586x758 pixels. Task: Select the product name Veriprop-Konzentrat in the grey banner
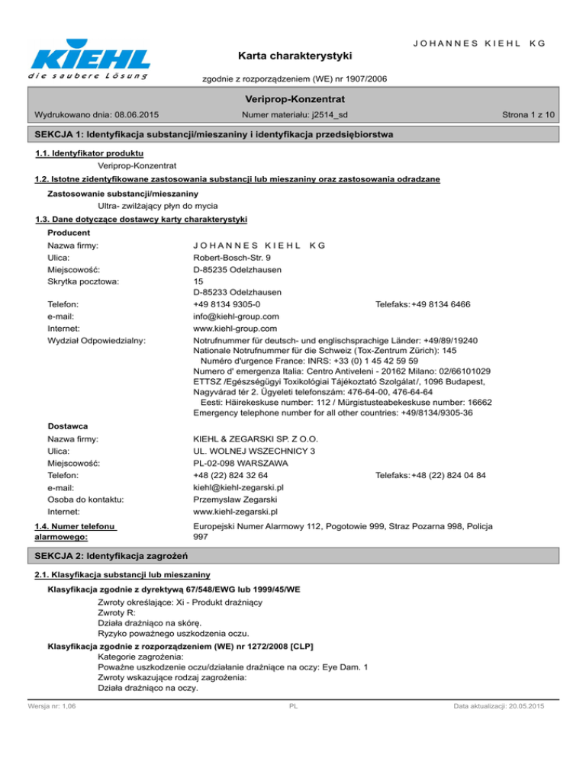tap(292, 99)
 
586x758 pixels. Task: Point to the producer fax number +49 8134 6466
tap(440, 304)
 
